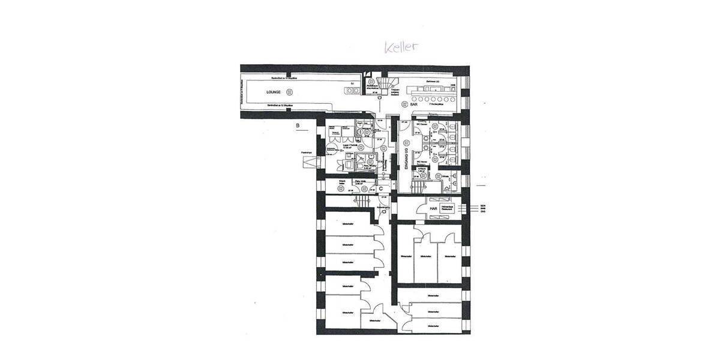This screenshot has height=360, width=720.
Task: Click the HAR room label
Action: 433,209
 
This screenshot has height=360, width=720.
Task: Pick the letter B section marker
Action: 297,125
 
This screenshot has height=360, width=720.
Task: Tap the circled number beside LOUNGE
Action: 290,91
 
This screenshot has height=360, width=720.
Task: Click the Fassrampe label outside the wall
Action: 307,154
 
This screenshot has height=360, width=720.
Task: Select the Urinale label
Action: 445,176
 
